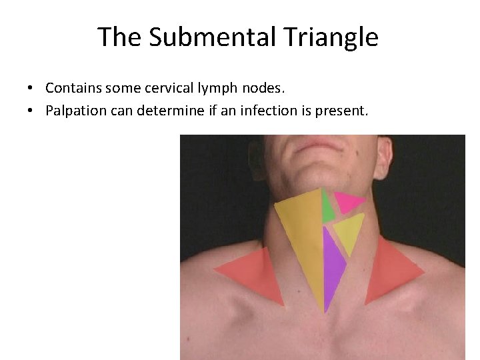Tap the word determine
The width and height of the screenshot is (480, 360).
click(174, 111)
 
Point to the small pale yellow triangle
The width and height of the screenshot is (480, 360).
click(349, 231)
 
